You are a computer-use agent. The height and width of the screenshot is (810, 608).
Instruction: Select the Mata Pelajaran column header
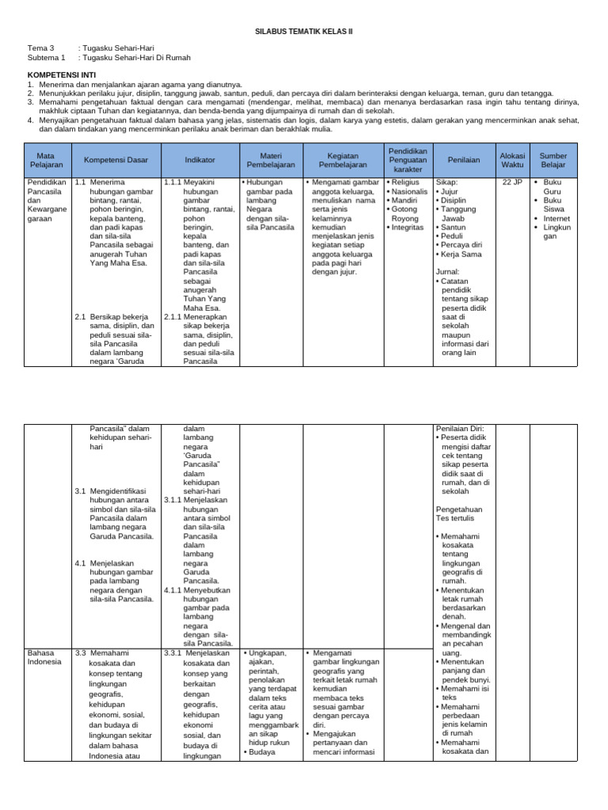point(47,160)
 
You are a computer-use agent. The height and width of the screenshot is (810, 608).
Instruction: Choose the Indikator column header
point(199,160)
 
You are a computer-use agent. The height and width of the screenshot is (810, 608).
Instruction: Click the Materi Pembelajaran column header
point(270,160)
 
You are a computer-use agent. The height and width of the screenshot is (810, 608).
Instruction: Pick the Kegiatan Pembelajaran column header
point(342,160)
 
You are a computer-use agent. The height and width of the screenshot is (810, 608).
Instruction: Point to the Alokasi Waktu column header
point(512,160)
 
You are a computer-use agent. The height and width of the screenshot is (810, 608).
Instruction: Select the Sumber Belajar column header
point(553,160)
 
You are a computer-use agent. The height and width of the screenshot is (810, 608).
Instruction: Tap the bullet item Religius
point(408,182)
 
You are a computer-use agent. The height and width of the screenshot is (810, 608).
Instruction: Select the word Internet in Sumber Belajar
point(557,218)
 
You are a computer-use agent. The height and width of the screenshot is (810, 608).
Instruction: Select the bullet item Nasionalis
point(410,191)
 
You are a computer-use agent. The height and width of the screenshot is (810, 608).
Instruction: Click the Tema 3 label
point(40,48)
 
